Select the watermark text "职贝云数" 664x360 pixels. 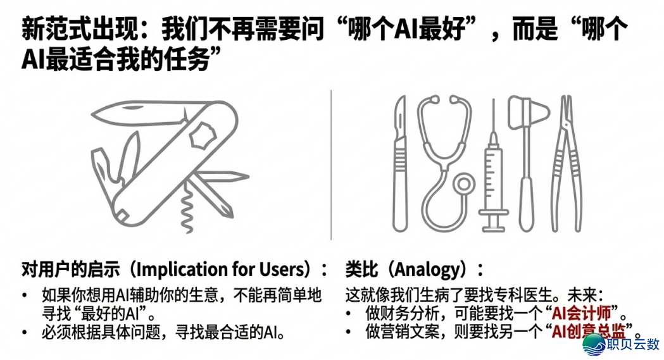(x=633, y=345)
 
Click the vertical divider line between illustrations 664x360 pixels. (x=331, y=164)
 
